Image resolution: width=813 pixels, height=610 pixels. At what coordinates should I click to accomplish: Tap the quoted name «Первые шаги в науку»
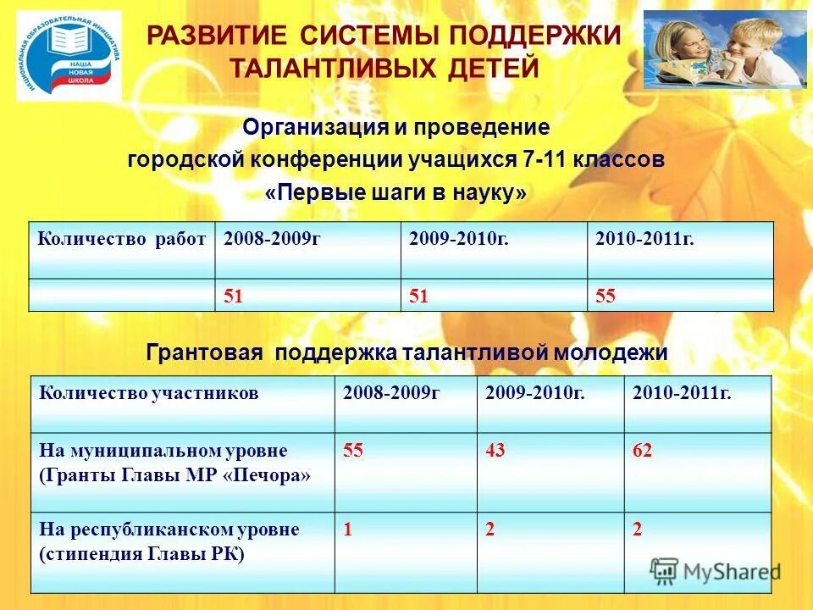pos(395,193)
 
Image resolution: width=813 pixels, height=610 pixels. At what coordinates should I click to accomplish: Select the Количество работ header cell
pos(121,239)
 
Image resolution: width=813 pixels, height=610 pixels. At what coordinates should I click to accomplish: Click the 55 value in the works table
pos(606,296)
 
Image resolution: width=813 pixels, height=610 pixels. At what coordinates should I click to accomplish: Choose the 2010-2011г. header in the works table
pos(644,239)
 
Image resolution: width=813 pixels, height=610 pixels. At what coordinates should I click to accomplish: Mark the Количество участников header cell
pos(148,393)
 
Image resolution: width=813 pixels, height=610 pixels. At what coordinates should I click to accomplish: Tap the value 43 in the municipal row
pos(495,451)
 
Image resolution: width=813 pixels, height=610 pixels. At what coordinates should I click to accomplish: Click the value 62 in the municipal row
pos(643,451)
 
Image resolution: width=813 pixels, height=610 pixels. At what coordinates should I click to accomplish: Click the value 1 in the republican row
pos(347,530)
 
